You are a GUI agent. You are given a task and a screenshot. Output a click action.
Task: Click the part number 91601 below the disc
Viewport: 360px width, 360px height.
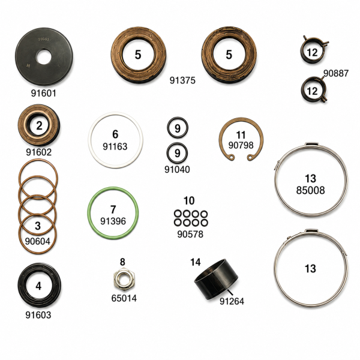coord(44,93)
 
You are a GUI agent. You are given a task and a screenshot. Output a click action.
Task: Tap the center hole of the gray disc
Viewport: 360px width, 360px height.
coord(44,57)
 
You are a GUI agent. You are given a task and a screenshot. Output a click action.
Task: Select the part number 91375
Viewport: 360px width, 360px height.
coord(182,80)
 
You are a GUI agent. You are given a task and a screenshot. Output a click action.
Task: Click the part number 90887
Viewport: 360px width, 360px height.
coord(336,73)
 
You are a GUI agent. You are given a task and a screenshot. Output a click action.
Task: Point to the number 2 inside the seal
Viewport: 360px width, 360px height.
coord(39,125)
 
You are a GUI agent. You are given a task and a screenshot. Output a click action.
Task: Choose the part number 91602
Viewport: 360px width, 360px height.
coord(39,152)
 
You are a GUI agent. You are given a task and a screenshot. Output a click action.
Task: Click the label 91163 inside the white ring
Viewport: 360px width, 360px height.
coord(115,146)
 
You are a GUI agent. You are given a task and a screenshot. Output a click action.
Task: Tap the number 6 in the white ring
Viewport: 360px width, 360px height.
coord(115,134)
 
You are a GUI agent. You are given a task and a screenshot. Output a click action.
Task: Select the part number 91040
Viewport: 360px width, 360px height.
coord(177,169)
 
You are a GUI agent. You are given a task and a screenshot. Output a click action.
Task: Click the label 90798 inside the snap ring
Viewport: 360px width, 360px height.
coord(241,145)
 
